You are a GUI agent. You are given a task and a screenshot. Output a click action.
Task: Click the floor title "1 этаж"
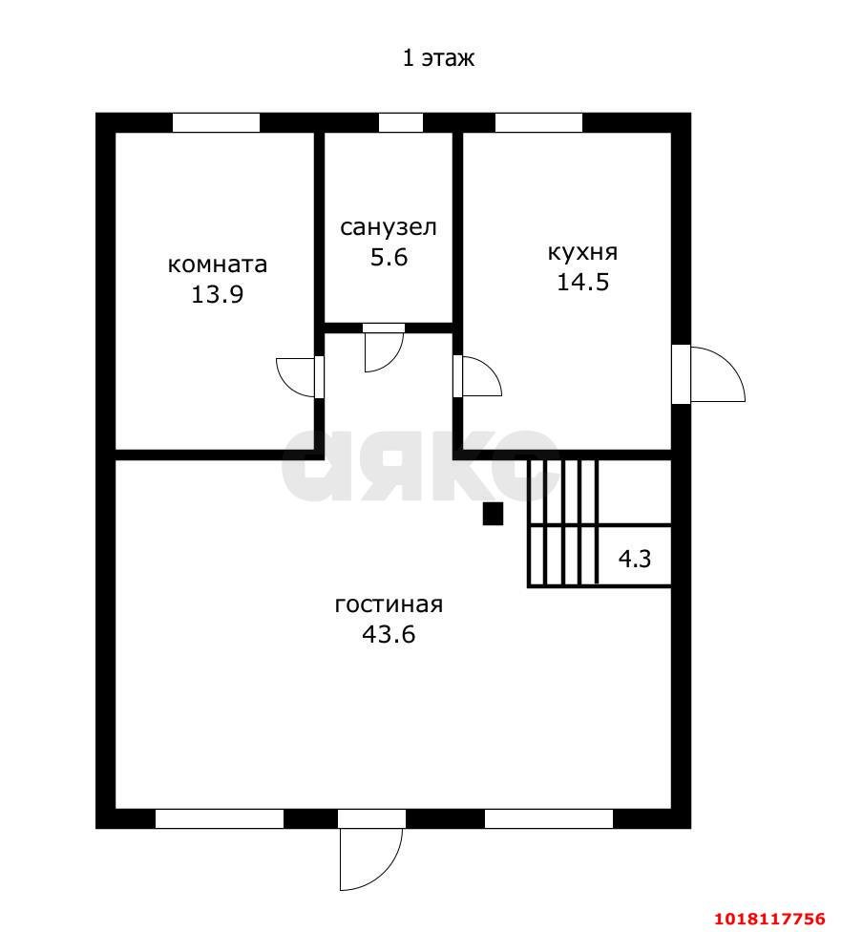[438, 58]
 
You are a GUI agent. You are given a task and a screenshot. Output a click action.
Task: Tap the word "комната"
[218, 265]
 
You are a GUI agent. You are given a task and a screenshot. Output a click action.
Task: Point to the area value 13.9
[217, 294]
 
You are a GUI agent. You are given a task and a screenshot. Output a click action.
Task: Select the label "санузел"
[389, 227]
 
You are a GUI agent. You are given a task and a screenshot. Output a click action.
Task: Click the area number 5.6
[389, 258]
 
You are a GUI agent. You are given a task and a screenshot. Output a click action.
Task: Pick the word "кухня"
[582, 252]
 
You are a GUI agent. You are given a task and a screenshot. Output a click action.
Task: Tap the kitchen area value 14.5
[582, 282]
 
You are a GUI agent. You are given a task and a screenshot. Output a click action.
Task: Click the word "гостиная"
[389, 604]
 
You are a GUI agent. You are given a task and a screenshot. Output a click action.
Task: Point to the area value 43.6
[389, 635]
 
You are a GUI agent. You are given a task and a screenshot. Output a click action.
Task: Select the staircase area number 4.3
[635, 559]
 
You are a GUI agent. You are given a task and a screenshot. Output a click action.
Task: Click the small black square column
[493, 514]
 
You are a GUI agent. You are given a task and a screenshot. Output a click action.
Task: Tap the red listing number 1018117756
[770, 919]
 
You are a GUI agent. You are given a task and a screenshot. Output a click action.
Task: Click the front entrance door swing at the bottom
[372, 858]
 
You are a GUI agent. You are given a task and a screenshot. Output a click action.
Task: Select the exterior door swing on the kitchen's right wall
[717, 373]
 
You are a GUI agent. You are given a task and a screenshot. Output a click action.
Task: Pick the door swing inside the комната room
[295, 377]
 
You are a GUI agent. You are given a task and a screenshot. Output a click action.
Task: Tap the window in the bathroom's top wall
[401, 122]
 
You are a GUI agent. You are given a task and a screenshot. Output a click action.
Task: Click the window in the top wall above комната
[217, 122]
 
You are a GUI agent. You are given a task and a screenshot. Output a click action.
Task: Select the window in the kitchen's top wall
[538, 122]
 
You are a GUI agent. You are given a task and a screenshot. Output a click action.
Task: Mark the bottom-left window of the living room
[220, 818]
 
